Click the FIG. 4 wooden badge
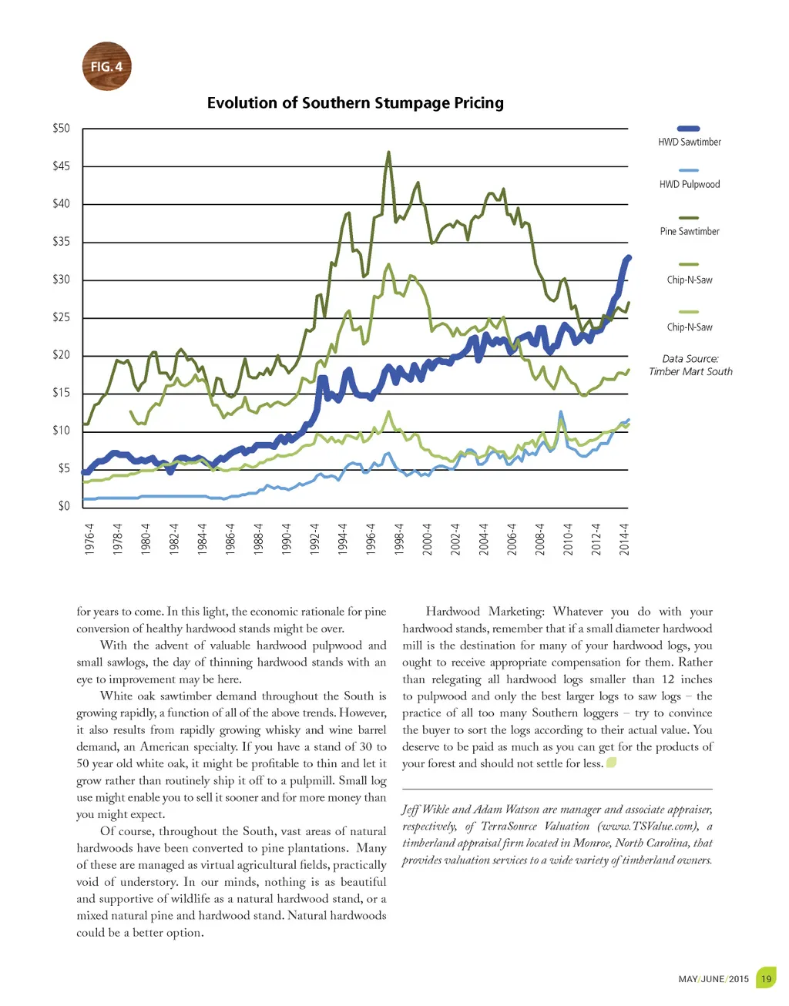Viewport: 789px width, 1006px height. pos(106,66)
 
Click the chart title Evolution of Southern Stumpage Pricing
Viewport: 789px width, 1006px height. pos(355,103)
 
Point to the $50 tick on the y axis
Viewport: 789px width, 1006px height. pos(61,129)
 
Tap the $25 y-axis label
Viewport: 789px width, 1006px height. pos(61,317)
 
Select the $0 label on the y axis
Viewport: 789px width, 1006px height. pos(63,506)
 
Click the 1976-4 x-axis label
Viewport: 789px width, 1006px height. pos(89,538)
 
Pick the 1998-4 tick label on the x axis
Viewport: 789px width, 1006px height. pos(399,538)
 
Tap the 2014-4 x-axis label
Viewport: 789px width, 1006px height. pos(624,538)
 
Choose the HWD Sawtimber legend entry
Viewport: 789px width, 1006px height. pos(689,142)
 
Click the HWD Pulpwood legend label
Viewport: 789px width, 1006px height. pos(689,184)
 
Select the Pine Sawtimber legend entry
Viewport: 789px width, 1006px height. pos(689,231)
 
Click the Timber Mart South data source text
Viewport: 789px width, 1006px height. pos(690,371)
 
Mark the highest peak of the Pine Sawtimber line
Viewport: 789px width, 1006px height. pos(388,153)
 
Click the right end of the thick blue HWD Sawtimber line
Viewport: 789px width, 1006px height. pos(629,257)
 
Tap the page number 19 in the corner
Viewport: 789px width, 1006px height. pos(766,979)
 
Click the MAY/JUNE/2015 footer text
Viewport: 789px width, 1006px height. pos(713,979)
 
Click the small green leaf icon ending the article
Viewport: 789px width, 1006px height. pos(611,763)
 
